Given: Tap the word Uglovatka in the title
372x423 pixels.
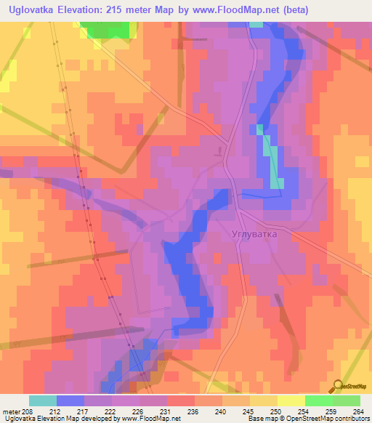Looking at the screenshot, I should [x=37, y=10].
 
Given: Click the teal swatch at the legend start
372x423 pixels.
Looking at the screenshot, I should [x=43, y=400].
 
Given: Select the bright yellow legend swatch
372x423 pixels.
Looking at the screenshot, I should [x=291, y=400].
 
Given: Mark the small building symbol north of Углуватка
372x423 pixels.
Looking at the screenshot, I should [x=217, y=151].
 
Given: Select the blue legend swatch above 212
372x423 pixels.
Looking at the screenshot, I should [x=70, y=400].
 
